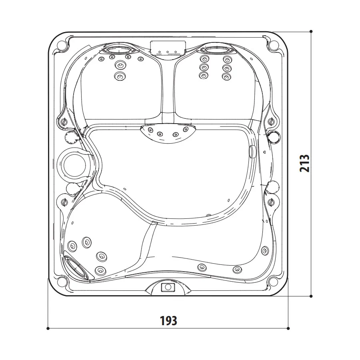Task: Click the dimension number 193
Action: [x=168, y=320]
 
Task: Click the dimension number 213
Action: [x=305, y=163]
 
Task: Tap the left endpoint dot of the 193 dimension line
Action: [x=48, y=328]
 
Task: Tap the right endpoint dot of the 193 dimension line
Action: [x=288, y=328]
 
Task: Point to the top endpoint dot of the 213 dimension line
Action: [x=311, y=32]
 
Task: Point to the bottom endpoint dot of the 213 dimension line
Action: [x=311, y=296]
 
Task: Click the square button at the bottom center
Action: [x=168, y=287]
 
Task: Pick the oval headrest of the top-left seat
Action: [x=119, y=50]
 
